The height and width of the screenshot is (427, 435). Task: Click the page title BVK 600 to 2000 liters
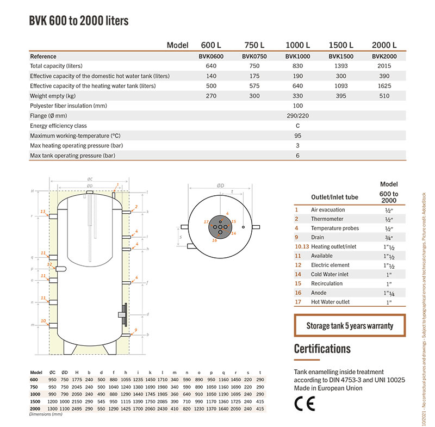[78, 21]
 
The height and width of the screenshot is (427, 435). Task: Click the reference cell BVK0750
[254, 56]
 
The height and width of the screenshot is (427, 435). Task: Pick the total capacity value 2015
[384, 66]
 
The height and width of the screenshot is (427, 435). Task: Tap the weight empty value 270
[210, 96]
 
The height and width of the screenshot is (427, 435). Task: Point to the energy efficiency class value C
[297, 126]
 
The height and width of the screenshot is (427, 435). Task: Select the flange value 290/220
[297, 116]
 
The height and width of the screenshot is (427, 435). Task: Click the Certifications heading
[322, 348]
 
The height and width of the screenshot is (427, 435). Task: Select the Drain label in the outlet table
[318, 237]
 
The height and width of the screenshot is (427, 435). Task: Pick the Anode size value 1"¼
[388, 293]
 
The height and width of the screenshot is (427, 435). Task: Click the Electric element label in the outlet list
[330, 265]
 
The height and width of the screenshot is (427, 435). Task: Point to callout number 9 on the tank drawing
[136, 330]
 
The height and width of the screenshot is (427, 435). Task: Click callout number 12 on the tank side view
[50, 264]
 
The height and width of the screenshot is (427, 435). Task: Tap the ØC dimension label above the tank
[90, 179]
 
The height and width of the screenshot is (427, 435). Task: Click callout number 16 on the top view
[214, 239]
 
